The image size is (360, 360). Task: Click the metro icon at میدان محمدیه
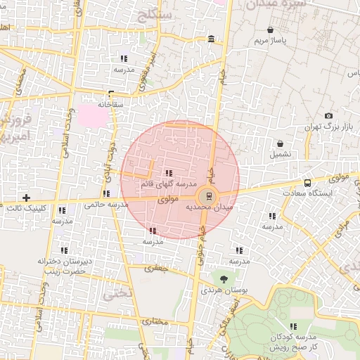click(207, 197)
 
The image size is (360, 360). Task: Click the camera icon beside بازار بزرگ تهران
click(328, 116)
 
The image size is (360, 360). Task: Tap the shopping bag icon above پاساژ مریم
click(271, 30)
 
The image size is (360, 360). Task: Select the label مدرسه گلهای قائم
click(168, 184)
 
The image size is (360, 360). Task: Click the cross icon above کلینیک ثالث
click(27, 198)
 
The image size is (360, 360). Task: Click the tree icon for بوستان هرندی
click(224, 279)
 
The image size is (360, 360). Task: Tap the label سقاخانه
click(110, 104)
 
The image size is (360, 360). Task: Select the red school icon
click(153, 231)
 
